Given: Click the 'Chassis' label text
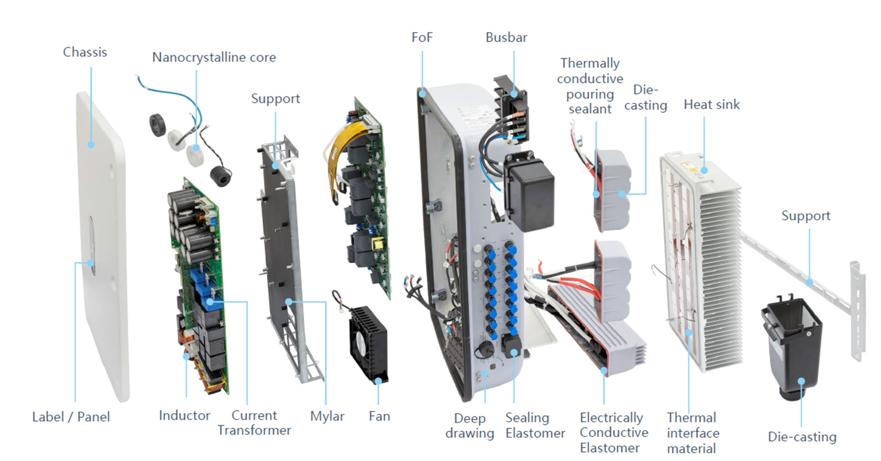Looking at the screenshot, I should point(85,52).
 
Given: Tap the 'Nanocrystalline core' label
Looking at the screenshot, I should point(214,57).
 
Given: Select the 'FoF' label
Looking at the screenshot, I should point(422,38).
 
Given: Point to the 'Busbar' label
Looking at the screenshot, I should point(506,38).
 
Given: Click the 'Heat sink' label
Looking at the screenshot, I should point(711,105).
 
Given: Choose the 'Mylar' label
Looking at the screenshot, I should point(327,417).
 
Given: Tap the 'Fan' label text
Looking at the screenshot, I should point(379,417).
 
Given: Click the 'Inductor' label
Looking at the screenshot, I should point(184,416).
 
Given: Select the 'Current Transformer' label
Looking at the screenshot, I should point(254,423).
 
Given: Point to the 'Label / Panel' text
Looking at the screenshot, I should point(71,417).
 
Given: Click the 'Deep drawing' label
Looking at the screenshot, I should point(469,426).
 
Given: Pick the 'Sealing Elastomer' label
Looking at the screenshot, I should point(535,426).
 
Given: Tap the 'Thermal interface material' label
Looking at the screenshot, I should point(692,433).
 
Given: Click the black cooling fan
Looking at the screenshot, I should point(368,343).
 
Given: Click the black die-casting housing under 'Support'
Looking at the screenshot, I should point(793,343).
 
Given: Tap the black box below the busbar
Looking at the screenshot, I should point(528,191).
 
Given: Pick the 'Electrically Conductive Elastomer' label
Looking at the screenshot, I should point(613,433).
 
